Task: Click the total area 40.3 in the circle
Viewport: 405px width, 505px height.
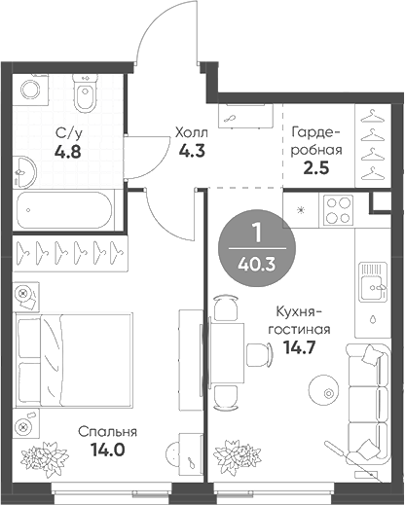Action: pyautogui.click(x=257, y=260)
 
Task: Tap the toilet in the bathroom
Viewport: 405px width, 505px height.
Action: pyautogui.click(x=86, y=97)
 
